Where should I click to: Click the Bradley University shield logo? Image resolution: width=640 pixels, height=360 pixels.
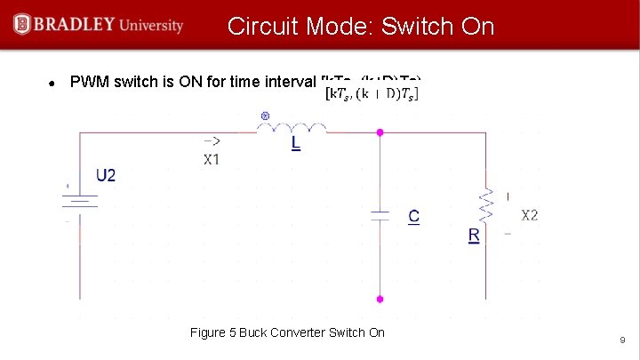tap(21, 25)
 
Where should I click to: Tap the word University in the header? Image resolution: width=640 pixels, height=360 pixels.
tap(149, 25)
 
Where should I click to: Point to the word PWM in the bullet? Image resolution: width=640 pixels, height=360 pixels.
tap(88, 84)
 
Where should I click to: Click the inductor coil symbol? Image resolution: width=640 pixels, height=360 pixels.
tap(292, 129)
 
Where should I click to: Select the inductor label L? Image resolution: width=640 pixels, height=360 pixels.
tap(295, 143)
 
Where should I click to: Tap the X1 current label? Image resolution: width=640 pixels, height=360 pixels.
tap(212, 160)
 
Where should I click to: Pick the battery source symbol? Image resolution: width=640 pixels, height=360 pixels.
tap(82, 204)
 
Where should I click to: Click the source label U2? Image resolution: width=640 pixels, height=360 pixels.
tap(105, 175)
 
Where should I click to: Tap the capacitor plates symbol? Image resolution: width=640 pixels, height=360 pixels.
tap(380, 214)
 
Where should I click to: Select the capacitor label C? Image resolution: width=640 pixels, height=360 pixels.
tap(413, 216)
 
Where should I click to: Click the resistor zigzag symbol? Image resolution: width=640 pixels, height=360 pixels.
tap(486, 206)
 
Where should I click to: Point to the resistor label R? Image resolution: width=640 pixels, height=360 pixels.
tap(474, 236)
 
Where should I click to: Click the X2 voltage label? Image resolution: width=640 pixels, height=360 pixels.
tap(529, 215)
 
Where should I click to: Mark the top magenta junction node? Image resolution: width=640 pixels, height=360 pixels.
tap(380, 132)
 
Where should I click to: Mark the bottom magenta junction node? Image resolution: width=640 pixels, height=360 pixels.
tap(380, 300)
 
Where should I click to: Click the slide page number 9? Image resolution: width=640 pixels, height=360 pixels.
tap(622, 340)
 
